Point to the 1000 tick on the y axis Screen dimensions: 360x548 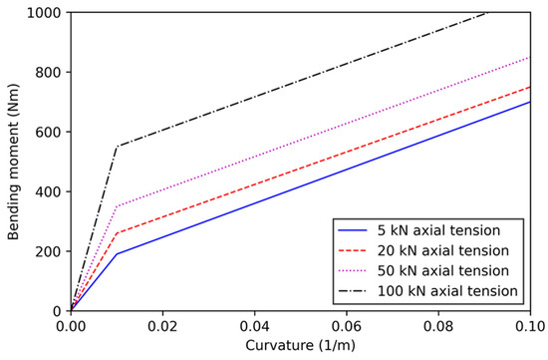44,13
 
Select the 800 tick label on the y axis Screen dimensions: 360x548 48,73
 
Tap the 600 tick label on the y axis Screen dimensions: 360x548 48,132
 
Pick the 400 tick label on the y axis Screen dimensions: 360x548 48,191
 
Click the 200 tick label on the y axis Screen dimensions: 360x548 48,251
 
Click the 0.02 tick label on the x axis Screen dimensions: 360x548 162,326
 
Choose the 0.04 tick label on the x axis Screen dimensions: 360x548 254,326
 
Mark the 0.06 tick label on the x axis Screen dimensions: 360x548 346,326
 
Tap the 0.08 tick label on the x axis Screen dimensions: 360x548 437,326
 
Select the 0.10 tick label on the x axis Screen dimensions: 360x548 528,326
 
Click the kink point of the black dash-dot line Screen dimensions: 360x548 117,147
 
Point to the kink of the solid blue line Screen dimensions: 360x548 117,254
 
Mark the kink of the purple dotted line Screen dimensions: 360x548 117,206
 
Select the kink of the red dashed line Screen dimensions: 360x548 117,233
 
